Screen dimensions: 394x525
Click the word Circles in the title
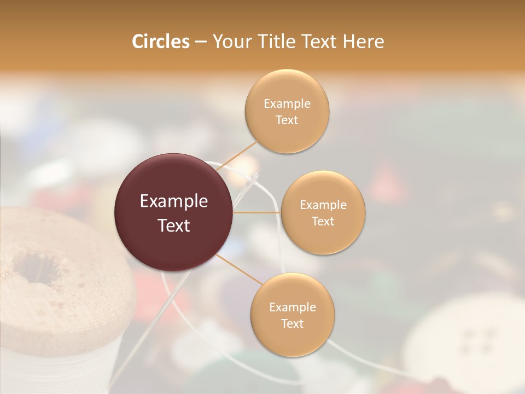click(x=160, y=42)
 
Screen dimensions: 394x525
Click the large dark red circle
click(x=174, y=212)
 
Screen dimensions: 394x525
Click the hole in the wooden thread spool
click(x=36, y=268)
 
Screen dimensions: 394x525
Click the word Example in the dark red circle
click(x=174, y=201)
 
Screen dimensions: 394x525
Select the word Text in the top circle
click(x=287, y=120)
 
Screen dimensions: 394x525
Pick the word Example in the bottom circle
click(x=292, y=308)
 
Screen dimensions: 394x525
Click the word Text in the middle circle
click(x=323, y=222)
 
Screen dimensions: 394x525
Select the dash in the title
click(x=200, y=42)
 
